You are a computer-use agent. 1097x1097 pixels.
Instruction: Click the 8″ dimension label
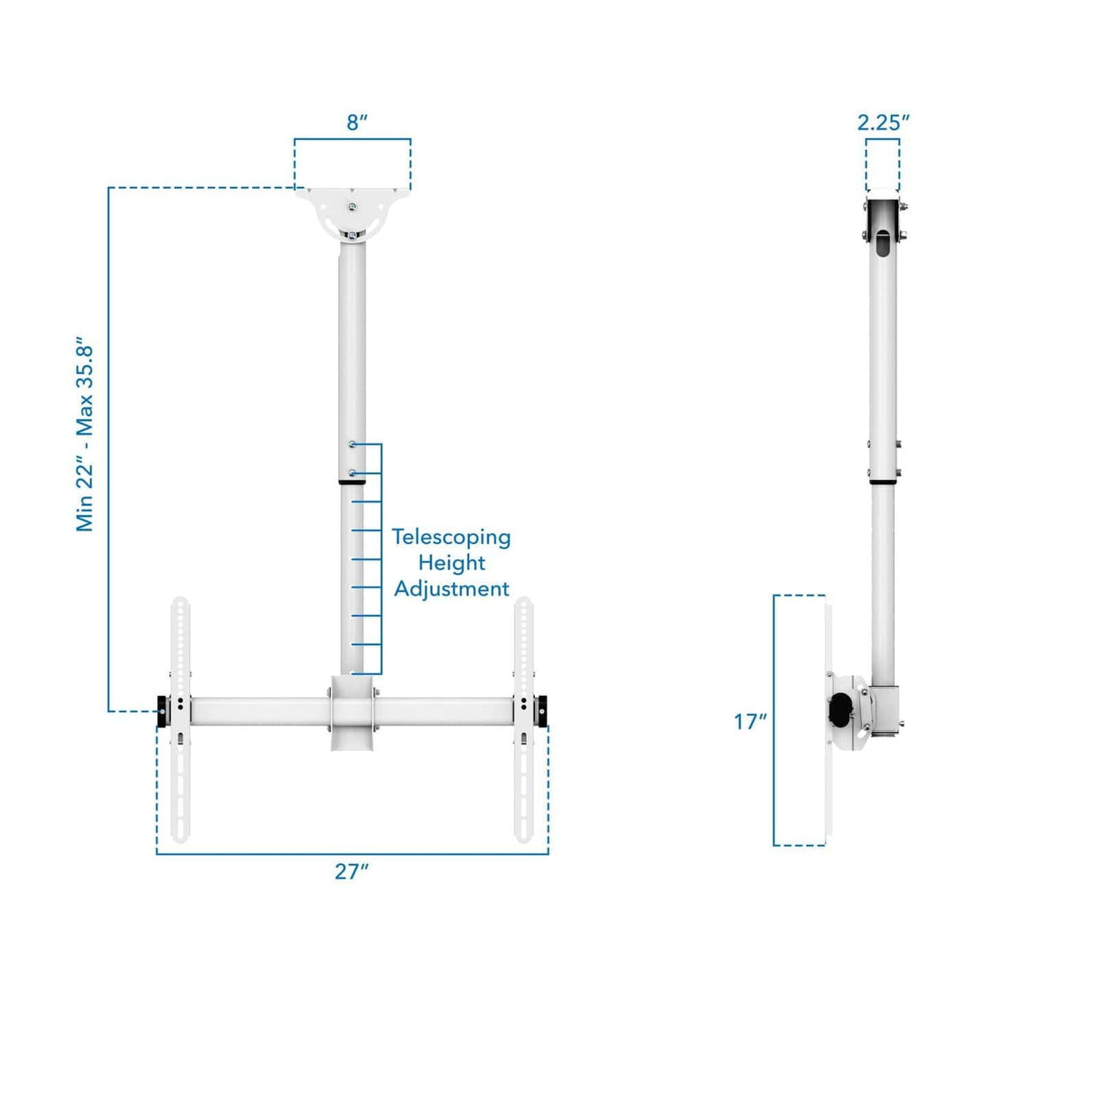click(357, 123)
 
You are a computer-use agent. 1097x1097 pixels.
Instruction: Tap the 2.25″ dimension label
click(883, 123)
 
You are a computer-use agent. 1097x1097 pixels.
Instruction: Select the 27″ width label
click(352, 871)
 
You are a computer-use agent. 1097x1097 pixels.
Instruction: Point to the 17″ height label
click(750, 721)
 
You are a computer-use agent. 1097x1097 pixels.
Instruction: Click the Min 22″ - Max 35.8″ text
click(85, 437)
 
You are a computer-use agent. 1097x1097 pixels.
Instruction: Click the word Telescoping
click(451, 537)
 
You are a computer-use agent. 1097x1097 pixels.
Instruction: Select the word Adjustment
click(451, 589)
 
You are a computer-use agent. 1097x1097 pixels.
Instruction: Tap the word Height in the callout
click(451, 563)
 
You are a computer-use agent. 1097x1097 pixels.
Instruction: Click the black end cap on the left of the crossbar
click(162, 711)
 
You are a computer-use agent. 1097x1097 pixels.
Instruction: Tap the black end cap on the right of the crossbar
click(541, 711)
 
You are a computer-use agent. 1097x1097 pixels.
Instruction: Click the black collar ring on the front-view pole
click(352, 483)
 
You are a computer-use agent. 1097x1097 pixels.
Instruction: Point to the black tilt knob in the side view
click(842, 710)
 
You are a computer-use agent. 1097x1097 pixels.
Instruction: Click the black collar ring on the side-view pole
click(883, 483)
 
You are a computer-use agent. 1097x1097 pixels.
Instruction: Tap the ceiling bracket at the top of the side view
click(883, 221)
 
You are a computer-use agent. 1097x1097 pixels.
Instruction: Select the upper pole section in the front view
click(352, 343)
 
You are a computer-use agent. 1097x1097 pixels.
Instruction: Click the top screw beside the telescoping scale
click(352, 445)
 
